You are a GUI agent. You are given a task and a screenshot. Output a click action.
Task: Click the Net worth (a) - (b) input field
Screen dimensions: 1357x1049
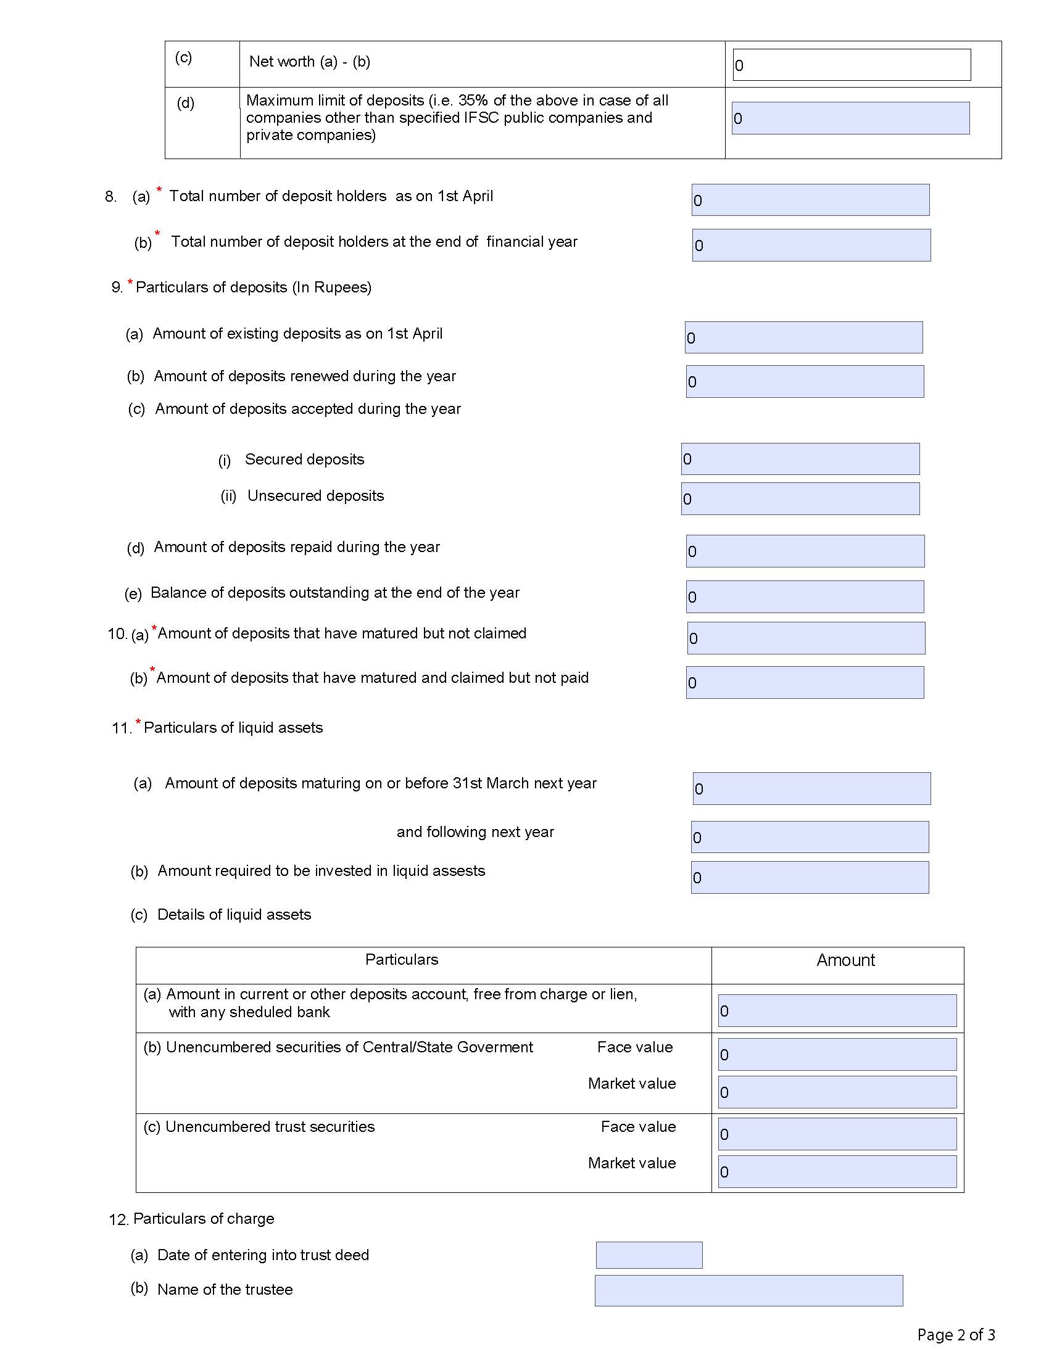(852, 65)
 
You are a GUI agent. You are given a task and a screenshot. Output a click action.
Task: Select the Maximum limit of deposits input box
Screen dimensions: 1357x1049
(850, 118)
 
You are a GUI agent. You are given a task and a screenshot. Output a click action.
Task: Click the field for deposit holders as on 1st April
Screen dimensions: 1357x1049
(810, 200)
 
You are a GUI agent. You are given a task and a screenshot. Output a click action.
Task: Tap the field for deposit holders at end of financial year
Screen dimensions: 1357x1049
(811, 245)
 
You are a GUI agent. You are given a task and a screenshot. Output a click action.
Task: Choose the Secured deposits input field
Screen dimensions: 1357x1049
(800, 459)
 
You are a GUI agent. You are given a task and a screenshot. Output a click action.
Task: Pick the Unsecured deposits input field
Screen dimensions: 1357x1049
(800, 498)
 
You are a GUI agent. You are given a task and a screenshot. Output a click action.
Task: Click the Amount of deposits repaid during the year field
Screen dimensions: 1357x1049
(805, 551)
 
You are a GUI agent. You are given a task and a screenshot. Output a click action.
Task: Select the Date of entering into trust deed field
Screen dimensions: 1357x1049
(649, 1255)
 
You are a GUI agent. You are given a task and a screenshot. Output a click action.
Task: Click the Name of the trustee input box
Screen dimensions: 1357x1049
(748, 1290)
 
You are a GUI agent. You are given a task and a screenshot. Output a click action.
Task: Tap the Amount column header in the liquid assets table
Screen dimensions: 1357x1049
(845, 960)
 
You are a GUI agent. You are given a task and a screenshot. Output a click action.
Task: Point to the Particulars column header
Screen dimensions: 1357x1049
(402, 960)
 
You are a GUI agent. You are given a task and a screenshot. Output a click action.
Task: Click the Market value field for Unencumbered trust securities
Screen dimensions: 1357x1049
(837, 1171)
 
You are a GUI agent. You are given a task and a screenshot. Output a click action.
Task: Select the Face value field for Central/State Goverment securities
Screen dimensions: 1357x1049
(837, 1054)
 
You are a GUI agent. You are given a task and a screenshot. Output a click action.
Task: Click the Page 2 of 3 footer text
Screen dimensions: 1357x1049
(956, 1335)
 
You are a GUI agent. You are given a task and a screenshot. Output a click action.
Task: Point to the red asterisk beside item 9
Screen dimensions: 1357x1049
(130, 283)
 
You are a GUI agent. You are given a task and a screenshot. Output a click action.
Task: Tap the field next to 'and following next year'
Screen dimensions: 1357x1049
(810, 837)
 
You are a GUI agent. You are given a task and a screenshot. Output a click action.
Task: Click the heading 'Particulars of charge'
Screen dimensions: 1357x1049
(203, 1219)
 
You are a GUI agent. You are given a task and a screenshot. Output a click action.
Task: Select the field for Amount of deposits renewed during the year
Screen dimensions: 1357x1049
(805, 381)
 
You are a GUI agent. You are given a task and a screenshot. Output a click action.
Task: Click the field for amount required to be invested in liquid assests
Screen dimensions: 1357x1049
(810, 877)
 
